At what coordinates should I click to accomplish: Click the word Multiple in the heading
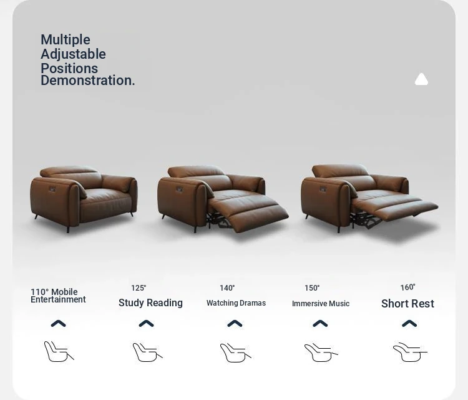click(x=66, y=40)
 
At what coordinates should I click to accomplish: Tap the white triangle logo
click(x=421, y=79)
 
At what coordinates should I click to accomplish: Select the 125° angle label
click(x=139, y=288)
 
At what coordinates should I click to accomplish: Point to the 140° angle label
click(x=227, y=288)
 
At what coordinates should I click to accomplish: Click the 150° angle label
click(x=312, y=288)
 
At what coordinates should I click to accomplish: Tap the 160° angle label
click(x=407, y=287)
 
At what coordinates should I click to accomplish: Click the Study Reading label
click(x=151, y=303)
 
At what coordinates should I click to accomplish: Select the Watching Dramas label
click(x=236, y=303)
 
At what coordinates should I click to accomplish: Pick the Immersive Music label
click(x=321, y=304)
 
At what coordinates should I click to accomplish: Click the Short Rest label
click(x=407, y=304)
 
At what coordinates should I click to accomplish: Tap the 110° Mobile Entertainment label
click(x=58, y=296)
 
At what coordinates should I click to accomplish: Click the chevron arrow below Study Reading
click(x=146, y=324)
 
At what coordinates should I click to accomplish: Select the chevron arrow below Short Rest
click(x=409, y=324)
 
